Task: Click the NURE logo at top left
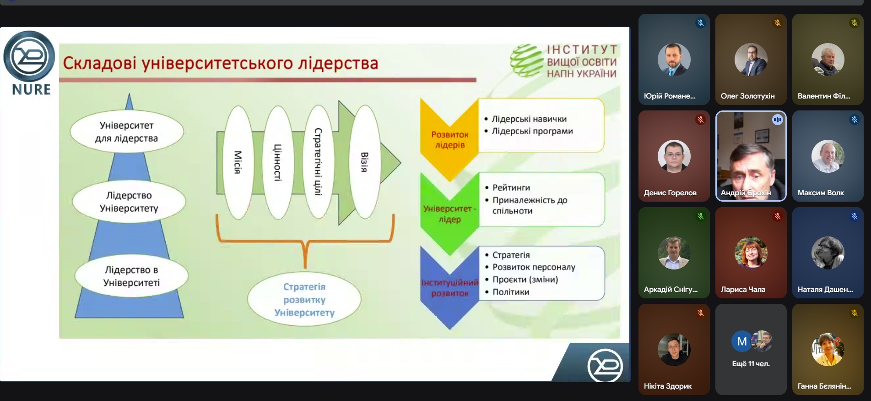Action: [30, 62]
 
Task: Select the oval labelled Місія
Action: [238, 162]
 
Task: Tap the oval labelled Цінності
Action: [277, 162]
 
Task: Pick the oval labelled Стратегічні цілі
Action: [318, 161]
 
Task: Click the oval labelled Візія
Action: [364, 162]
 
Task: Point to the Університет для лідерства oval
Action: [127, 132]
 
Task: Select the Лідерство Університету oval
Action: [129, 202]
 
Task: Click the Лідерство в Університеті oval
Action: [132, 276]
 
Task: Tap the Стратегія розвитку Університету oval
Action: [304, 300]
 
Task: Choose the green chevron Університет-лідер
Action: [449, 214]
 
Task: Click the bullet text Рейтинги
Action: [511, 187]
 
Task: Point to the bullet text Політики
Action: [511, 292]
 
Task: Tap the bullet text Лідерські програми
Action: [532, 131]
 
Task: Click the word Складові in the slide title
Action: [99, 63]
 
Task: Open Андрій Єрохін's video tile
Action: [751, 156]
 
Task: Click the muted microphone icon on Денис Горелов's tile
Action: [700, 120]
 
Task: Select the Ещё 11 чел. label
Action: [751, 363]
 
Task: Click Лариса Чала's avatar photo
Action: [751, 253]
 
